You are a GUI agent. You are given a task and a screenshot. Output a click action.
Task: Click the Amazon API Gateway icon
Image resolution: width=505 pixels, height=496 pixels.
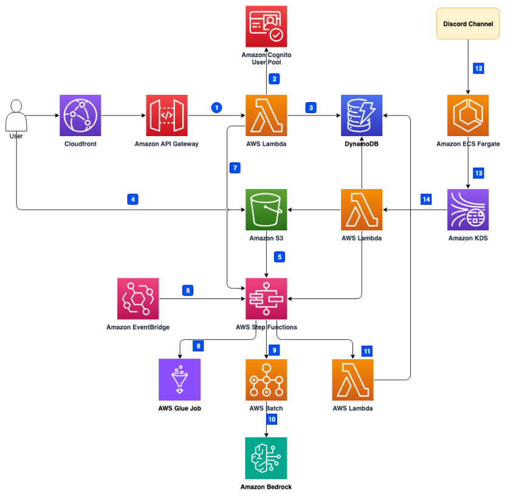click(167, 115)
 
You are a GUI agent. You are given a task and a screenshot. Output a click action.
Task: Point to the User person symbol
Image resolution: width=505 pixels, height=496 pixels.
click(16, 115)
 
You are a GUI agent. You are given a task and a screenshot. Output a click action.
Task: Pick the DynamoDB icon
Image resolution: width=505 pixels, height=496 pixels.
click(362, 115)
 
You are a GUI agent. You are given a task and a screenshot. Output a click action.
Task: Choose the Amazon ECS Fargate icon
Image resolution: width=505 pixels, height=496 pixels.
click(467, 115)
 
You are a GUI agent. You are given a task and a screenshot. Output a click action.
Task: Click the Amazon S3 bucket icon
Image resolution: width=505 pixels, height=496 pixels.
click(266, 209)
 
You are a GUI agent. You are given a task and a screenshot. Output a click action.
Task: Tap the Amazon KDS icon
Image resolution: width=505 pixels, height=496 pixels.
click(467, 209)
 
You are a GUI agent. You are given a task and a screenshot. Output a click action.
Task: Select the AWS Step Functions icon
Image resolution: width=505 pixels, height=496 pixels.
click(266, 298)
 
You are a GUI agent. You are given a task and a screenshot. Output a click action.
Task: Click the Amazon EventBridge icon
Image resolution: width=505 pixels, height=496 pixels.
click(138, 298)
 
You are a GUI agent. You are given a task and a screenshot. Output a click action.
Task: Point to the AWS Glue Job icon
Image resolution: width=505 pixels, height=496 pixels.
click(179, 379)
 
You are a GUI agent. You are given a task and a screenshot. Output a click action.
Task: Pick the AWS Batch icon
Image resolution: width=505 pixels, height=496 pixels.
click(266, 379)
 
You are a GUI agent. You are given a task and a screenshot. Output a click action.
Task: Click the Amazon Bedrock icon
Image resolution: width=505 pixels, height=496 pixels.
click(266, 458)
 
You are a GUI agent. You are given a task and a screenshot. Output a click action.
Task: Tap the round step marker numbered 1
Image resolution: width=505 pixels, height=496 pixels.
click(216, 107)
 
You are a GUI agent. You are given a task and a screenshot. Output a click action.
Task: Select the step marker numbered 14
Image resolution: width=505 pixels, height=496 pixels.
click(427, 198)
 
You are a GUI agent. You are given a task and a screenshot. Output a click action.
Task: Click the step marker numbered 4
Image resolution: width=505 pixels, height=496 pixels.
click(132, 198)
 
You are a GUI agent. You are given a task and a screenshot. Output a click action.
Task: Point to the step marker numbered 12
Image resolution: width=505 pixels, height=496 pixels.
click(479, 68)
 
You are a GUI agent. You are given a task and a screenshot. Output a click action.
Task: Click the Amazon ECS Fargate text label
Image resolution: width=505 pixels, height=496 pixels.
click(467, 144)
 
